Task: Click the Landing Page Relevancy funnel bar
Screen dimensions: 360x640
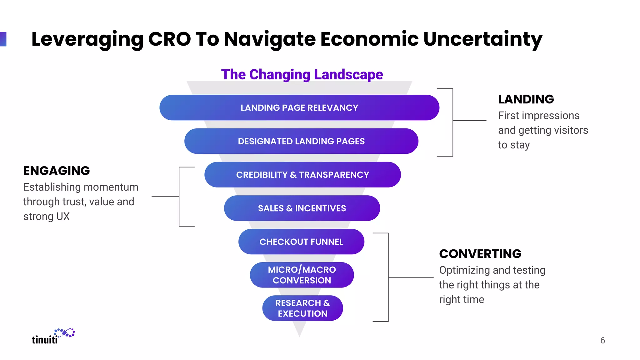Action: pyautogui.click(x=299, y=108)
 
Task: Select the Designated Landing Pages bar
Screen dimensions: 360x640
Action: pyautogui.click(x=301, y=141)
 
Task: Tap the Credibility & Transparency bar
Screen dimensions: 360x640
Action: pyautogui.click(x=302, y=175)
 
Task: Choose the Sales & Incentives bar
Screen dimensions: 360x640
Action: pyautogui.click(x=302, y=208)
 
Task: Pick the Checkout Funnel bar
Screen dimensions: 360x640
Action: pyautogui.click(x=301, y=242)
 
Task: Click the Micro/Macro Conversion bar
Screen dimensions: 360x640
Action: pyautogui.click(x=302, y=275)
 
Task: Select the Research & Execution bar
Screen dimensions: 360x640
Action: pyautogui.click(x=302, y=308)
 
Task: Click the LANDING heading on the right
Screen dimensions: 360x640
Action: pyautogui.click(x=526, y=99)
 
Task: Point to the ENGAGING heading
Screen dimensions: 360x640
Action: pyautogui.click(x=57, y=171)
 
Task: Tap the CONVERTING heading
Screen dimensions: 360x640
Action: pyautogui.click(x=480, y=254)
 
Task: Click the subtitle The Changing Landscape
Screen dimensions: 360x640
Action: pyautogui.click(x=302, y=75)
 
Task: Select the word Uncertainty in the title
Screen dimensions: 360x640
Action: pyautogui.click(x=482, y=39)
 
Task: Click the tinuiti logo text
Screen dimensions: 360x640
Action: pyautogui.click(x=45, y=340)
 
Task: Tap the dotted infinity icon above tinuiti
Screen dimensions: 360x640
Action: pyautogui.click(x=65, y=333)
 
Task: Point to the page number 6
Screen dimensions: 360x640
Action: pyautogui.click(x=602, y=340)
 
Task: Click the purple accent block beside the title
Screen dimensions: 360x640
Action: pyautogui.click(x=3, y=39)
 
